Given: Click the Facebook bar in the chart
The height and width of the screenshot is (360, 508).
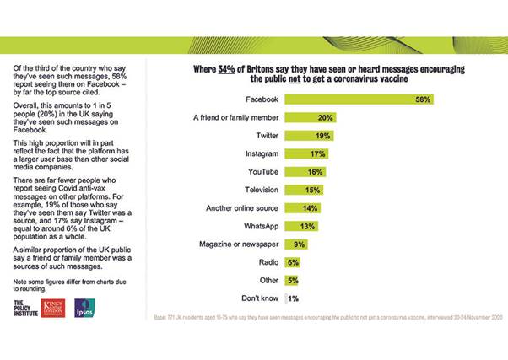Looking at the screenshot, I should pos(359,99).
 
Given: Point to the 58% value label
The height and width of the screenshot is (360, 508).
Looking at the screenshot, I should pos(424,99).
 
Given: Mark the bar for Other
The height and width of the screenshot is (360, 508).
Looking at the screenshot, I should pos(290,280).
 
